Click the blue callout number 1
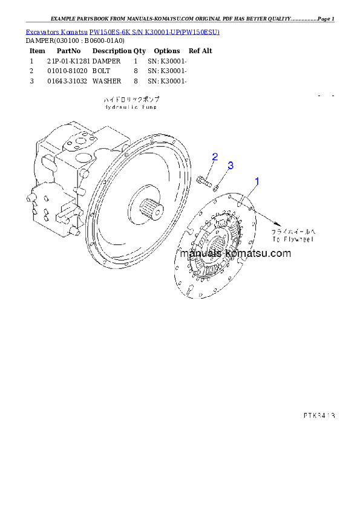tap(257, 181)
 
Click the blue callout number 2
tap(214, 157)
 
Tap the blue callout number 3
tap(231, 165)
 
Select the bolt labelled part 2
tap(203, 180)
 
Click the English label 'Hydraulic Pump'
tap(130, 107)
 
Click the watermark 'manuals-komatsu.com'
tap(239, 253)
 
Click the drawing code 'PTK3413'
tap(319, 415)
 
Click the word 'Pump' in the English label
tap(148, 107)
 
